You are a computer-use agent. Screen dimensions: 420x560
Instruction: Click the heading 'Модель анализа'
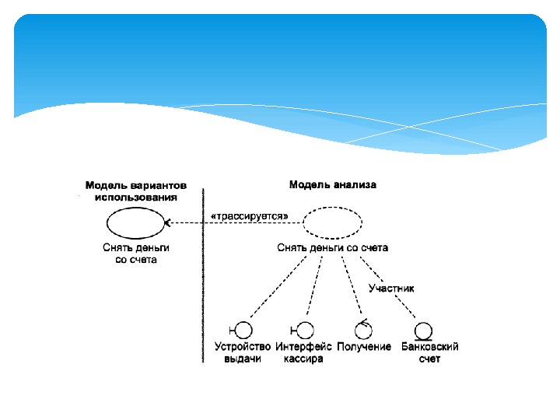[332, 185]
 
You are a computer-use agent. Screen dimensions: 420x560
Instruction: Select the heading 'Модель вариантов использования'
[136, 191]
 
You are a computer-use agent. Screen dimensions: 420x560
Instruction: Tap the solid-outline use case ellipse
[135, 223]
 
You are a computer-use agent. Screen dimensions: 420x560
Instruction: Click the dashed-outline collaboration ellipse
[332, 223]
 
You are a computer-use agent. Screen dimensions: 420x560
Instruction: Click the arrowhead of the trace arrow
[167, 223]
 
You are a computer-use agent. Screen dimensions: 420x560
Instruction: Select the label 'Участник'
[390, 288]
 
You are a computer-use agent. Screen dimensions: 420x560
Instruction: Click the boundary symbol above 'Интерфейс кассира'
[304, 331]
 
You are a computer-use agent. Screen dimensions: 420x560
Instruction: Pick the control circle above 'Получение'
[363, 330]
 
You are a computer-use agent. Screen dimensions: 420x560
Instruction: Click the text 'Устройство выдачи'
[242, 353]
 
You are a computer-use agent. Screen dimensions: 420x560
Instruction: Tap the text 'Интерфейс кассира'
[304, 353]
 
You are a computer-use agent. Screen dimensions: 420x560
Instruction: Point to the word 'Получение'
[364, 347]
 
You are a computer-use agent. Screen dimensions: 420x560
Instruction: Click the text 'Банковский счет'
[429, 353]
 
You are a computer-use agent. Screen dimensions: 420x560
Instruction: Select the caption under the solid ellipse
[136, 253]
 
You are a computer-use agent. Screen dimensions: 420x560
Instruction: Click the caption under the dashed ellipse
[332, 247]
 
